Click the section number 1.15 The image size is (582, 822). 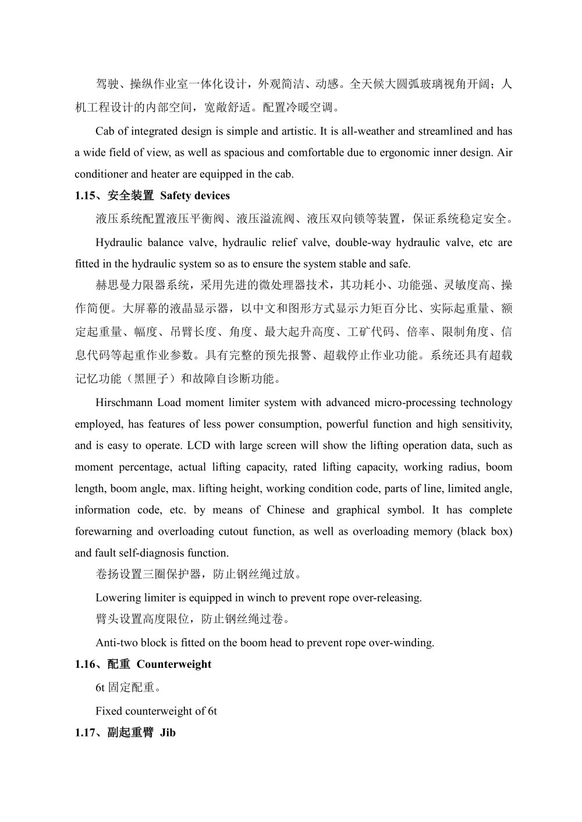(x=86, y=195)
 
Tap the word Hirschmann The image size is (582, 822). (x=125, y=403)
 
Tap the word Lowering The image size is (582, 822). (x=118, y=597)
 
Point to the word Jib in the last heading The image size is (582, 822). (x=168, y=733)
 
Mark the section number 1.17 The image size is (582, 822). (x=86, y=733)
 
